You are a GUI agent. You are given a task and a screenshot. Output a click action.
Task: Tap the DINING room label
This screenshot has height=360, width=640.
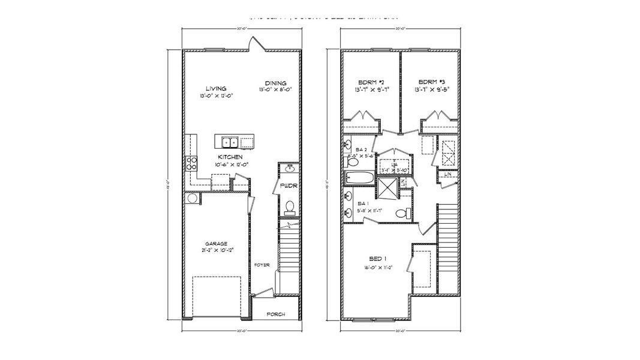click(276, 83)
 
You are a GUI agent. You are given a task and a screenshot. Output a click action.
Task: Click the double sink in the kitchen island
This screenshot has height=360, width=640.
click(229, 142)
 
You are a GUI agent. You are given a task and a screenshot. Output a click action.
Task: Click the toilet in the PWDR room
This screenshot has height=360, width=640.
click(289, 208)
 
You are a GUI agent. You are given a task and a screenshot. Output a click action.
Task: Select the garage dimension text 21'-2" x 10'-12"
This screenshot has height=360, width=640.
click(216, 251)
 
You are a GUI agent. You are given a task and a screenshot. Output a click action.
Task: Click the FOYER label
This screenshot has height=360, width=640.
click(262, 264)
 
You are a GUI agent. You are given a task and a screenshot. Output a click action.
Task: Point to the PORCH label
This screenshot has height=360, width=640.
click(276, 314)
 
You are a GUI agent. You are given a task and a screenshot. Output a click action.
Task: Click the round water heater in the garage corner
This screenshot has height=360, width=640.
click(193, 198)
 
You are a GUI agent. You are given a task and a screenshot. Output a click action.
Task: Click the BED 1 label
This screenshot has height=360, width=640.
click(377, 259)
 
